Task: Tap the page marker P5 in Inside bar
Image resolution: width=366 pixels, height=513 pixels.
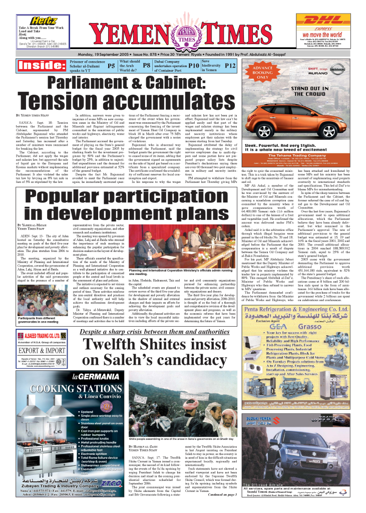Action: [111, 65]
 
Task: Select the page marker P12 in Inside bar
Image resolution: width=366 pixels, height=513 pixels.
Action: [230, 65]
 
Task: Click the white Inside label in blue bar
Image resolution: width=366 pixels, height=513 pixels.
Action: [36, 66]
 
